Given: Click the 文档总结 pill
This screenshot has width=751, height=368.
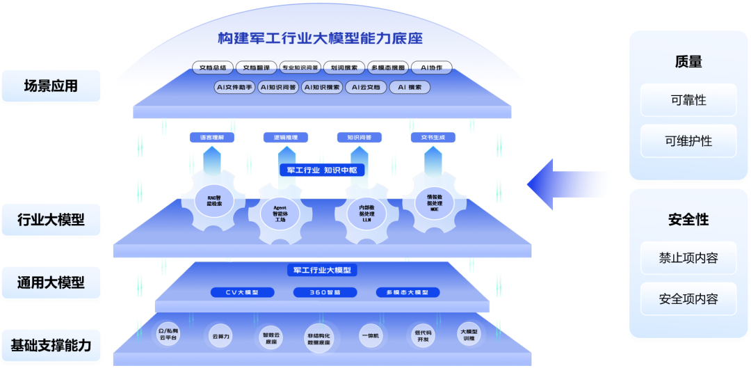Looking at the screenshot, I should (213, 67).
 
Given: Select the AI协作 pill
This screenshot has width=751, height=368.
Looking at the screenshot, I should (432, 67).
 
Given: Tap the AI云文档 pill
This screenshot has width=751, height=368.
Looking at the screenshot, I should (366, 88).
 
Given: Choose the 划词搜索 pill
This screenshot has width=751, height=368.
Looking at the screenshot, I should (344, 67).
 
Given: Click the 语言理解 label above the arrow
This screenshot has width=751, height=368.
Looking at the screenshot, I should (212, 138).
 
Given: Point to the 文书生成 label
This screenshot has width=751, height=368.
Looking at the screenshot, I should (433, 138).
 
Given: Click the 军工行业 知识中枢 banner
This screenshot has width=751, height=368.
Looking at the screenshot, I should (322, 170).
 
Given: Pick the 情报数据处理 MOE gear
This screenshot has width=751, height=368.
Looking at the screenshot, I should (434, 202).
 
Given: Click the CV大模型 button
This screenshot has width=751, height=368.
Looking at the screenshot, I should (242, 292).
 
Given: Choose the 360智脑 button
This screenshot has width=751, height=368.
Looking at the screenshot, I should (325, 292).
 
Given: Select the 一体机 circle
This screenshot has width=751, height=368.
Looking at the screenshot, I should (371, 336).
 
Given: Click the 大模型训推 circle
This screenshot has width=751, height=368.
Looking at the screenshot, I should (470, 335).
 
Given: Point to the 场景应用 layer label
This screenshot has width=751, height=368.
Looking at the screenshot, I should (51, 86).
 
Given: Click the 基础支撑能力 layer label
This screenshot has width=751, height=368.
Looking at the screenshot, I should (51, 345).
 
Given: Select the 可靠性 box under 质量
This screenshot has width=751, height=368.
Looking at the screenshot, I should (688, 100).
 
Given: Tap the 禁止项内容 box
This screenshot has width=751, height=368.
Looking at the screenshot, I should (688, 258).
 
